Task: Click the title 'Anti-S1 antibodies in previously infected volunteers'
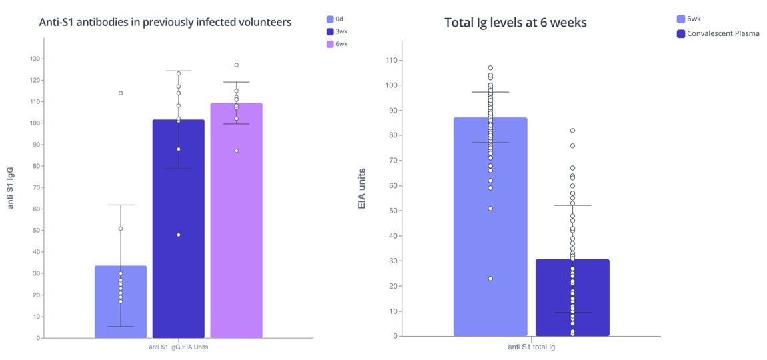[165, 22]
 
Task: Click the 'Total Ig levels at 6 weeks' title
[515, 23]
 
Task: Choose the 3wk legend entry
[339, 31]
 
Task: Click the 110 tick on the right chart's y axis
[391, 61]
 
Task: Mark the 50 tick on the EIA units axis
[393, 211]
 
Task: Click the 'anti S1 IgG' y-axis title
[11, 188]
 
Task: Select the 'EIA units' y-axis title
[362, 189]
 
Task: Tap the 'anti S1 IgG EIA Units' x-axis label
[178, 347]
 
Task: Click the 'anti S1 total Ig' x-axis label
[532, 347]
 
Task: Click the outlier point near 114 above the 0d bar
[121, 93]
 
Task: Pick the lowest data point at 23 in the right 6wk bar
[490, 279]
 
